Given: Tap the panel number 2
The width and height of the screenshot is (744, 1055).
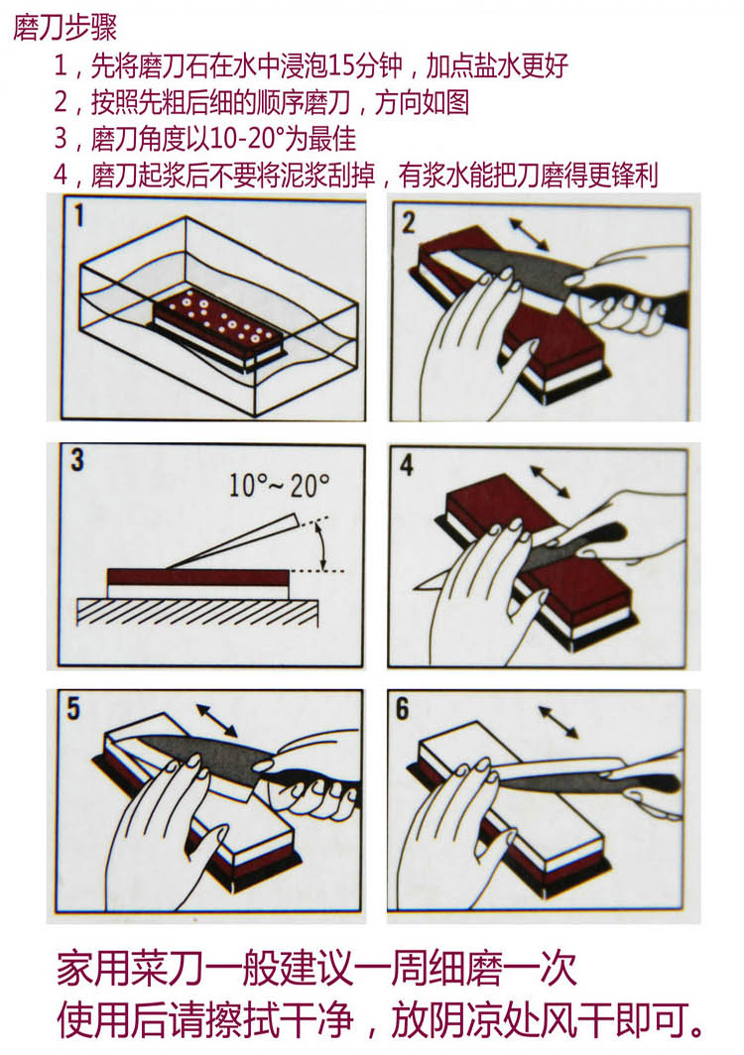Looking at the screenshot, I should pyautogui.click(x=409, y=222).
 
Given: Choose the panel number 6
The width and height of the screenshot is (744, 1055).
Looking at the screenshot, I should pyautogui.click(x=402, y=709).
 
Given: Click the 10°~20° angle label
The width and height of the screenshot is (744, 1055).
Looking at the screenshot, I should pyautogui.click(x=279, y=486).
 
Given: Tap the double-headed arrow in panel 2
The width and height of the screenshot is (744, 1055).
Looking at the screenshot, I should pyautogui.click(x=532, y=234).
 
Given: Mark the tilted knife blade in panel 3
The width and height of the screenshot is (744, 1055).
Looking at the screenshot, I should pyautogui.click(x=238, y=539).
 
